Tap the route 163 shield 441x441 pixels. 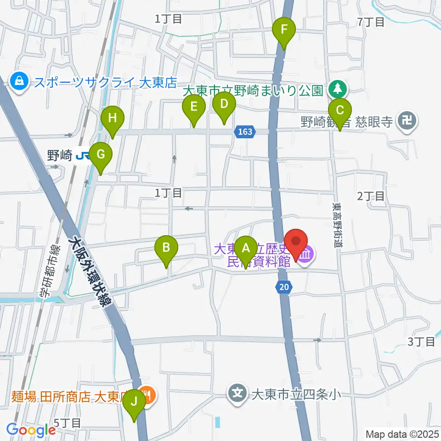[x=245, y=132]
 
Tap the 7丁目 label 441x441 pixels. [x=370, y=22]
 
